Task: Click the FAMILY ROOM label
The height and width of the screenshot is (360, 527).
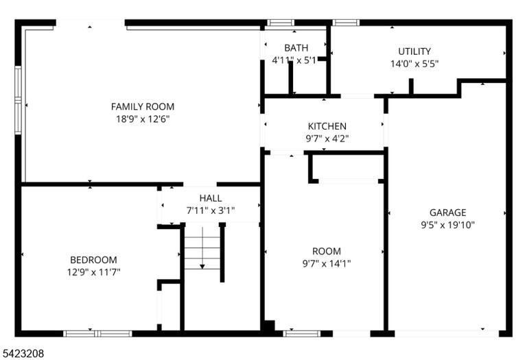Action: [x=143, y=107]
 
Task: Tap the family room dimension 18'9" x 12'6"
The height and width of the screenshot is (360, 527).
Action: [x=143, y=119]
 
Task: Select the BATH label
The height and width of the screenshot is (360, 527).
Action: [x=296, y=48]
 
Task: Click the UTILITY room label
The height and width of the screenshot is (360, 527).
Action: [x=414, y=51]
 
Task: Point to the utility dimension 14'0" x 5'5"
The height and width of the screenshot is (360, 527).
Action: [x=414, y=64]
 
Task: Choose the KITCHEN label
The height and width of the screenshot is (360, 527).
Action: [x=327, y=126]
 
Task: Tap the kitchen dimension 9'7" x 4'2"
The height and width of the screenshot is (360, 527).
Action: [x=327, y=139]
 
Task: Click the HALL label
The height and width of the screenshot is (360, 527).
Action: [x=211, y=198]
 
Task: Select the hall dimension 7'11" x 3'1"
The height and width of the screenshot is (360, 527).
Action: [x=211, y=211]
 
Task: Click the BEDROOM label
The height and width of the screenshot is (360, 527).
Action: [x=93, y=260]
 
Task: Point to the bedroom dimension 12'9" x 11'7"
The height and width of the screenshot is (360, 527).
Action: [x=93, y=272]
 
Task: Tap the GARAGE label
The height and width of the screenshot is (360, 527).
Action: [x=447, y=213]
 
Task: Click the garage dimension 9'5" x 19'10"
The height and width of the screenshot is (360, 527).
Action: [x=447, y=225]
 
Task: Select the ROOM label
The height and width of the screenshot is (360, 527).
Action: [x=327, y=251]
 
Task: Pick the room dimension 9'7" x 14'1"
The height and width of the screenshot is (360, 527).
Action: [x=327, y=263]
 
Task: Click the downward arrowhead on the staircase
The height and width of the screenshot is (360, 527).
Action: [x=202, y=267]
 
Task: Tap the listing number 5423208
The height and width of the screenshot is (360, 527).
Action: [x=23, y=353]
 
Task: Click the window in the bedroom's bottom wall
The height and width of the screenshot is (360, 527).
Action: [x=97, y=333]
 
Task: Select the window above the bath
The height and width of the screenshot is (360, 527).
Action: [x=281, y=23]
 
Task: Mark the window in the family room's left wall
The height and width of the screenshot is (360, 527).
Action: [x=18, y=100]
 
